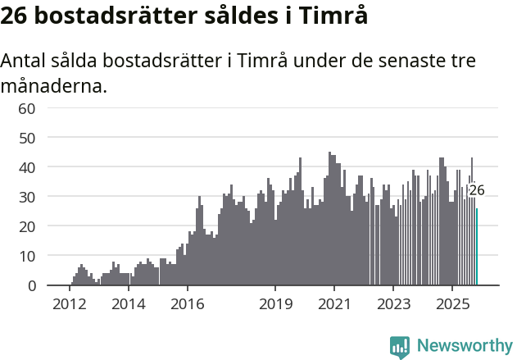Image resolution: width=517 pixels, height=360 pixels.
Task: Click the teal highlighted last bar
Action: pos(477,247)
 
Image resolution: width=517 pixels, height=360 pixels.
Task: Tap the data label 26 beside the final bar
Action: pos(476,190)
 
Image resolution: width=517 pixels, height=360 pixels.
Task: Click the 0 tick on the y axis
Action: pos(31,285)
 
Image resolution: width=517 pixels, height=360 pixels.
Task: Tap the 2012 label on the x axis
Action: pos(69,304)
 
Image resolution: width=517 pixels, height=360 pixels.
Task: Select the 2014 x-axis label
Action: pos(128,304)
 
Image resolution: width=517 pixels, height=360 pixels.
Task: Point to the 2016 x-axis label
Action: pos(187,304)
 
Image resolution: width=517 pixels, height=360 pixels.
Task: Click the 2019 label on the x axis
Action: pos(275,304)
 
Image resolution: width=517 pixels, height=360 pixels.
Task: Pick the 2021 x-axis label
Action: pos(334,304)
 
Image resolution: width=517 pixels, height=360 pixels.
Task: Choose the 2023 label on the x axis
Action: pos(393,304)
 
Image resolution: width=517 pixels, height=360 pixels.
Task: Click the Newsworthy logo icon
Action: pos(400,346)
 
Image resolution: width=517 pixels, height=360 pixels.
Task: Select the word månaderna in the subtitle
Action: pos(53,84)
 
